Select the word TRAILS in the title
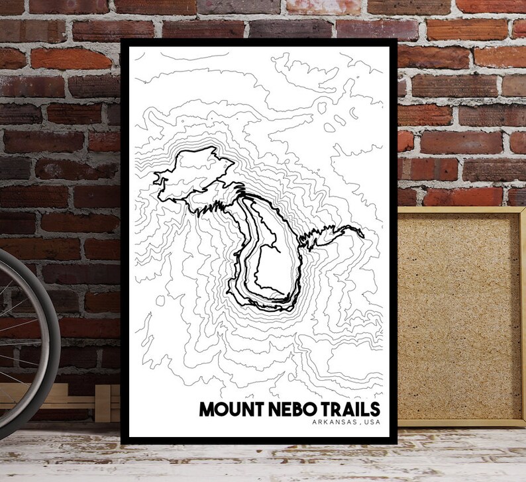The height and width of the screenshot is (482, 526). [349, 409]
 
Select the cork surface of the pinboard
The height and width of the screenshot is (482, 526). [457, 318]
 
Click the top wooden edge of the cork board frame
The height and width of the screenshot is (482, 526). [457, 210]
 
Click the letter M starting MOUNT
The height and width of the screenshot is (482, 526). [207, 409]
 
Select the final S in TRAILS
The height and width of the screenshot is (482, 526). [376, 409]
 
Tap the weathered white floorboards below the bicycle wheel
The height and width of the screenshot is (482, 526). [53, 457]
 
